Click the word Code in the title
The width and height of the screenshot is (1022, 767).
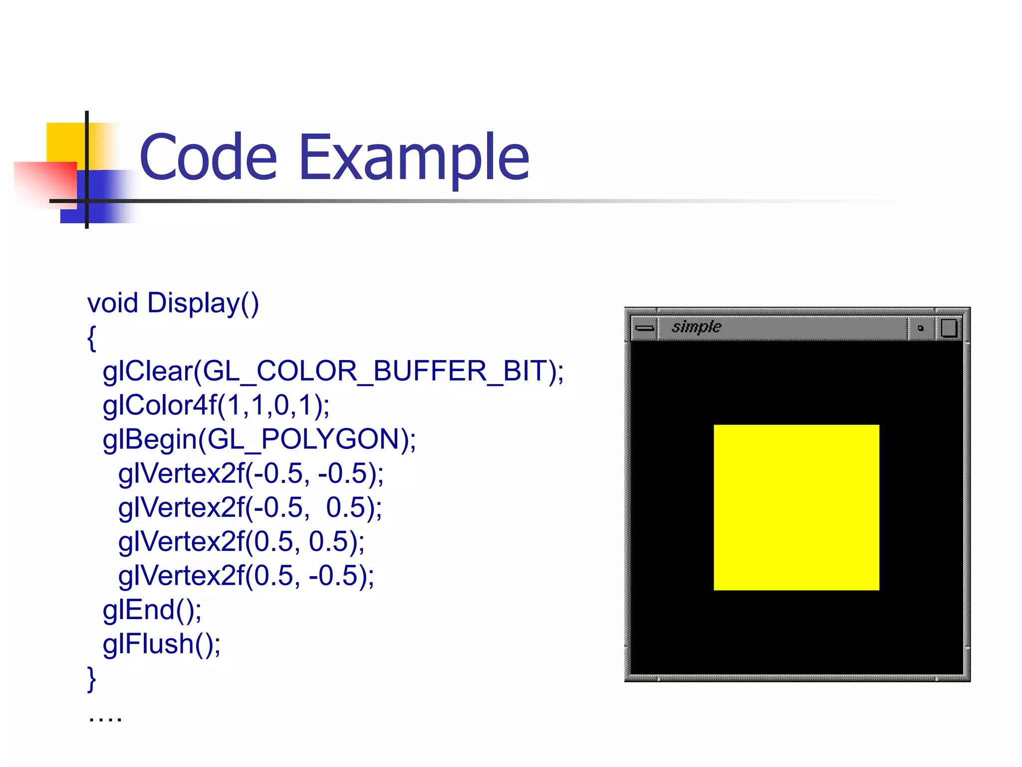click(x=208, y=158)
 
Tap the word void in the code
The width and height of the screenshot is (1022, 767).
click(x=112, y=303)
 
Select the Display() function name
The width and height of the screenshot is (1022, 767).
click(x=203, y=303)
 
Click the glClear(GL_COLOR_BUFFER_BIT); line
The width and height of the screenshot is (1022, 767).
click(x=333, y=372)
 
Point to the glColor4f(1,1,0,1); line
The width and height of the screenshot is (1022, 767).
click(x=216, y=405)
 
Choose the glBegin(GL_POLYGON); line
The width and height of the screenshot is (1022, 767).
click(x=259, y=439)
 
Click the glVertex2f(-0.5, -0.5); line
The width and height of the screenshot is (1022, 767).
click(x=251, y=473)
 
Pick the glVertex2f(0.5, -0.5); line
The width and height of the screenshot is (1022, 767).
click(x=246, y=576)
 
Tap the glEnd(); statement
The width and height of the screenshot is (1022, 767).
click(x=152, y=610)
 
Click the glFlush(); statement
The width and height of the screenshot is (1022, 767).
click(x=162, y=644)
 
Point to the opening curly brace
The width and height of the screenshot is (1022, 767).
click(x=91, y=338)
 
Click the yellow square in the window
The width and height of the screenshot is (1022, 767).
click(x=796, y=507)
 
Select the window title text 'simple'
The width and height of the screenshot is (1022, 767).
click(x=696, y=327)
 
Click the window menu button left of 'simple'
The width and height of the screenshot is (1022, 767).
click(x=644, y=328)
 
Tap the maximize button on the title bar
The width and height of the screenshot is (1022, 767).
click(x=949, y=328)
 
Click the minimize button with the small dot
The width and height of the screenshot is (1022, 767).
click(x=921, y=328)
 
